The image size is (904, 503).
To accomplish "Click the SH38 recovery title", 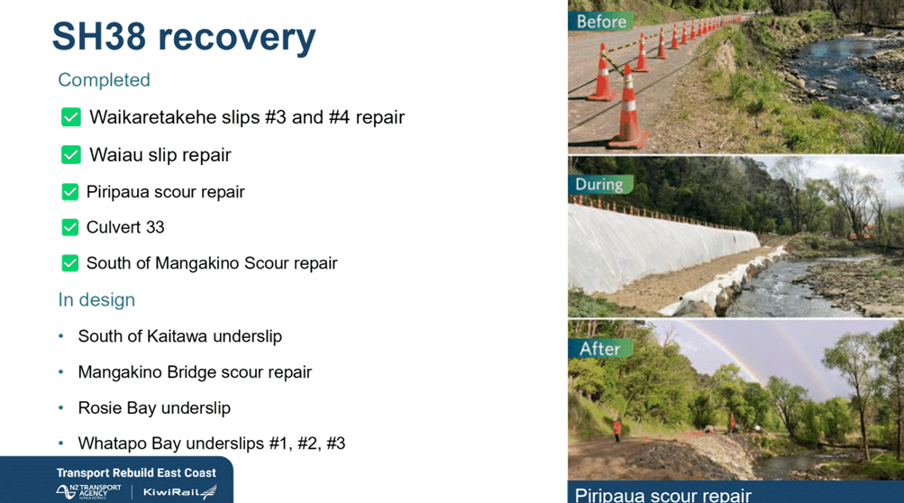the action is pos(184,37).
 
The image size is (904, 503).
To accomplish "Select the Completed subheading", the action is pos(104,79).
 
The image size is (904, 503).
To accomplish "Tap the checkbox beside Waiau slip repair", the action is pos(71,154).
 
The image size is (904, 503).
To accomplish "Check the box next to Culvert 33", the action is pos(69,227).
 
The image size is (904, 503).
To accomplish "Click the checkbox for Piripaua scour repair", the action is pos(69,192).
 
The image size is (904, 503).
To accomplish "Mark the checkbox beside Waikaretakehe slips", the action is pos(71,117).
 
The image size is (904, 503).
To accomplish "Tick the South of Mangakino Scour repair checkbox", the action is pos(69,263).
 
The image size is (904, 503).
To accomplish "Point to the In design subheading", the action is pos(96,299).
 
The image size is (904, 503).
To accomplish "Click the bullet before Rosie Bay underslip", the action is pos(61,407).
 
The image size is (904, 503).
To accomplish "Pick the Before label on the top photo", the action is pos(601,22).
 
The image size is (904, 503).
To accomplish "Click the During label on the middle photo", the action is pos(599,185).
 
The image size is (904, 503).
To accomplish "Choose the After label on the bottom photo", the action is pos(599,349).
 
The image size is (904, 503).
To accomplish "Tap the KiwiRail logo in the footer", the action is pos(180,492).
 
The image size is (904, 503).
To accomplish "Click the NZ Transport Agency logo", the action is pos(89,491).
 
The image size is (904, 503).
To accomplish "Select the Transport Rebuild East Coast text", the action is pos(136,473).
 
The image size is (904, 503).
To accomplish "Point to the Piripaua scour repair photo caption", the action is pos(663,495).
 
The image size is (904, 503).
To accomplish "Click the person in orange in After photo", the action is pos(616,429).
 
